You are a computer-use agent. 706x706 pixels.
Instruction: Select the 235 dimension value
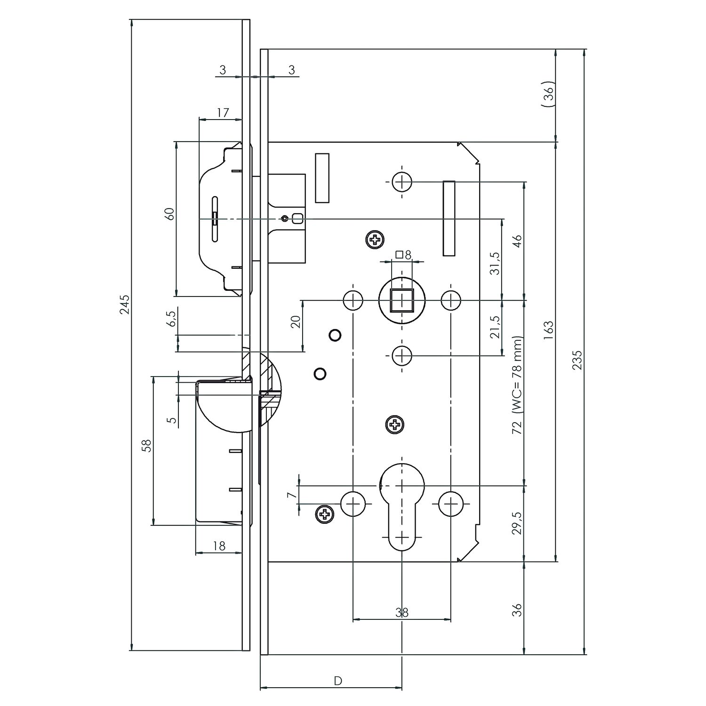click(578, 360)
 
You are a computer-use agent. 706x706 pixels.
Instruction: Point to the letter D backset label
click(337, 681)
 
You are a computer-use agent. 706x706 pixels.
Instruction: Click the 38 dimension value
click(401, 612)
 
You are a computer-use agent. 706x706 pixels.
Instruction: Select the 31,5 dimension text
click(495, 263)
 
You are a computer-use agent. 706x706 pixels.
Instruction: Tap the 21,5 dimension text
click(495, 327)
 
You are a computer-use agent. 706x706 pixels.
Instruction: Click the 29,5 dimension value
click(518, 522)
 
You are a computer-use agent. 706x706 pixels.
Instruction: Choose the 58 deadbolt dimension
click(147, 446)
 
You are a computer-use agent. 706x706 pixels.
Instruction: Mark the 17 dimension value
click(223, 112)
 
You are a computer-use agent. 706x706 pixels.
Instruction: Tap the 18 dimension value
click(219, 546)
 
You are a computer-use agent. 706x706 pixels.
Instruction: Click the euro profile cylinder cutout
click(401, 506)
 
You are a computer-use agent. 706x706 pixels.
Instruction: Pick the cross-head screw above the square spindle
click(375, 241)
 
